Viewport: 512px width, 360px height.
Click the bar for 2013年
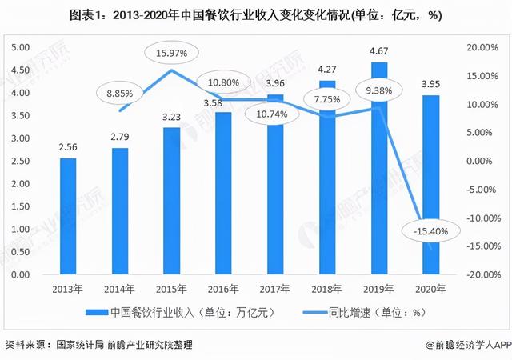(68, 216)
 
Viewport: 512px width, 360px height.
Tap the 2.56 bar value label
(68, 148)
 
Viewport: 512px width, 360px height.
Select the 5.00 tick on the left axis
(22, 48)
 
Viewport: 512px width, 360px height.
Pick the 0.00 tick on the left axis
(22, 274)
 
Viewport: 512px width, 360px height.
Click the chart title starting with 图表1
(256, 15)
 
